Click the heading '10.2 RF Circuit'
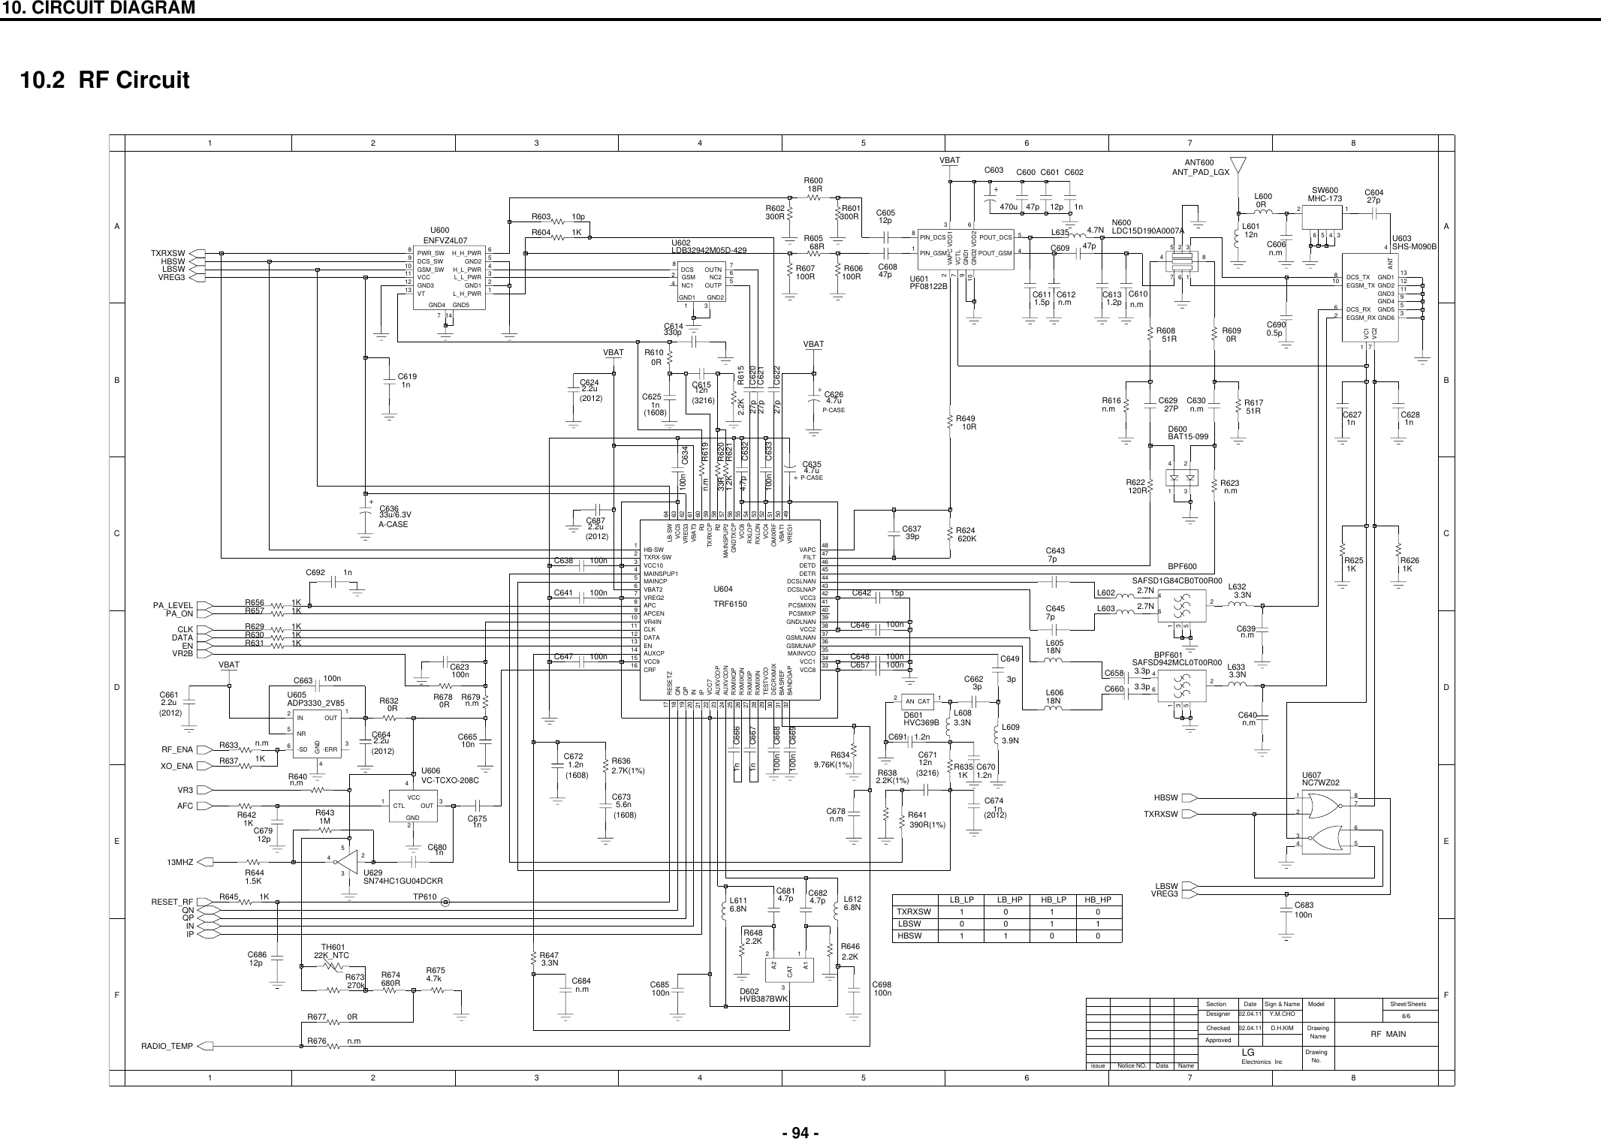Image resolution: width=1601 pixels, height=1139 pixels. (110, 80)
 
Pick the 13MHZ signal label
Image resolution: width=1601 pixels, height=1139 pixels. (180, 862)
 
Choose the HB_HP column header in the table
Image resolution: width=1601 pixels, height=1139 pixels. (1092, 899)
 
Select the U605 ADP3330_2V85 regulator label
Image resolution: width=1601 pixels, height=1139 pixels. (315, 699)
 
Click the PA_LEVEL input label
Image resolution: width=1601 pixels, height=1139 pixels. (173, 605)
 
